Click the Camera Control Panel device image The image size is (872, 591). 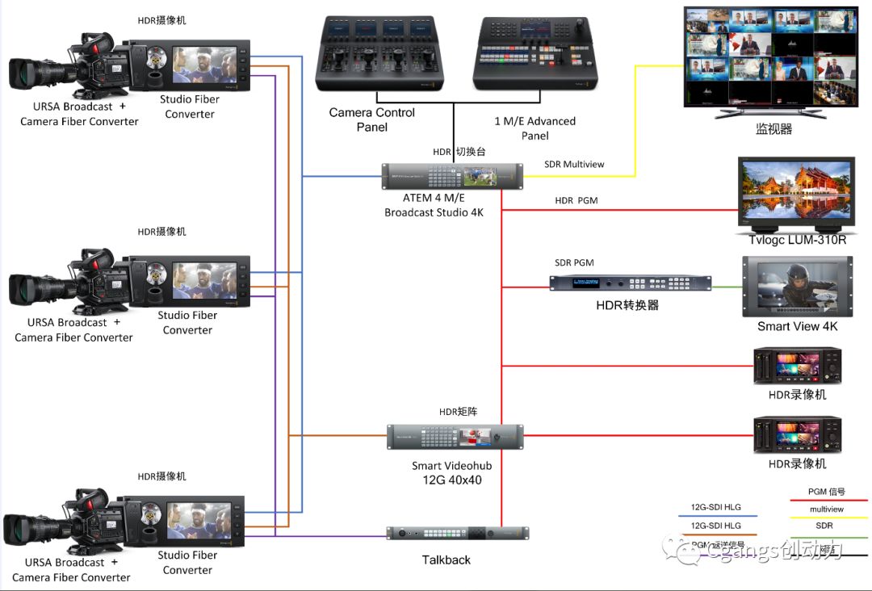tap(379, 53)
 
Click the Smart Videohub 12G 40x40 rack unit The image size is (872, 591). tap(455, 437)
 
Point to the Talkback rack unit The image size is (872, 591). tap(457, 533)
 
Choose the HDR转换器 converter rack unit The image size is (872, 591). tap(631, 283)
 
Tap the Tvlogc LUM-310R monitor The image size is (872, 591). tap(795, 192)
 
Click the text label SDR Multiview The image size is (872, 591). tap(574, 165)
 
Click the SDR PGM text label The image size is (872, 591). tap(574, 263)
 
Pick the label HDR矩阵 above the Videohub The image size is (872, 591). tap(458, 412)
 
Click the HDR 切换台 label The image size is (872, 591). tap(459, 152)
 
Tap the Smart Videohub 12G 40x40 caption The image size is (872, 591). tap(451, 473)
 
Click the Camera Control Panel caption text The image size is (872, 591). tap(372, 119)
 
